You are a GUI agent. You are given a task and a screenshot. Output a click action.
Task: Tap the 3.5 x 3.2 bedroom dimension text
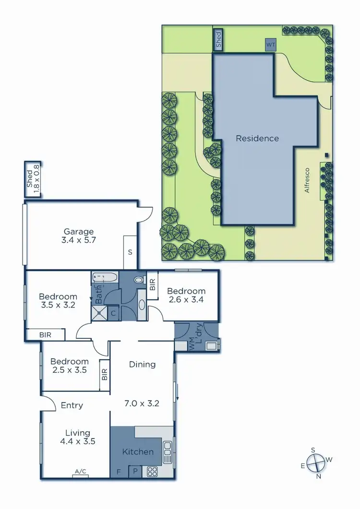58,304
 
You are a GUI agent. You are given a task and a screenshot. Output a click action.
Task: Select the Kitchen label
138,451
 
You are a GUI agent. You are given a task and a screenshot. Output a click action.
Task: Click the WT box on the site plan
271,45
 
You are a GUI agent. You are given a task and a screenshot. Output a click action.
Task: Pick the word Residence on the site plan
257,139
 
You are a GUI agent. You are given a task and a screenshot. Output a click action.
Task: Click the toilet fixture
139,280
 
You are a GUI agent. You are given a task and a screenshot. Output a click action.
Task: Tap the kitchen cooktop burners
153,472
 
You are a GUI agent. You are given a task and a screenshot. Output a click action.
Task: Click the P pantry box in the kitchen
135,472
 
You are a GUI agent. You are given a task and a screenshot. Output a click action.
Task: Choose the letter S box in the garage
130,252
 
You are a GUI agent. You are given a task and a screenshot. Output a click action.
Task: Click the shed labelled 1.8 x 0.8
34,179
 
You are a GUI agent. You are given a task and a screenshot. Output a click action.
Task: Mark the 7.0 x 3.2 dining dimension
143,403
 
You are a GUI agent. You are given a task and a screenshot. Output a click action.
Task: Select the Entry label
72,405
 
